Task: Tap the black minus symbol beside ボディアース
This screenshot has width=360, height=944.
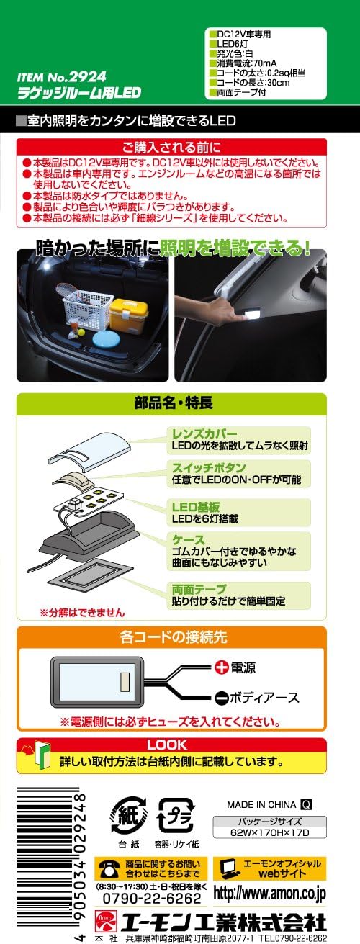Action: point(222,698)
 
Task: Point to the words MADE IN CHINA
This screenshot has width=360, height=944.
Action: point(260,804)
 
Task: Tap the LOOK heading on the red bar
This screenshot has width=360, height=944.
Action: point(166,745)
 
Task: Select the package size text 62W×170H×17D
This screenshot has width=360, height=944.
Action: point(269,832)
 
